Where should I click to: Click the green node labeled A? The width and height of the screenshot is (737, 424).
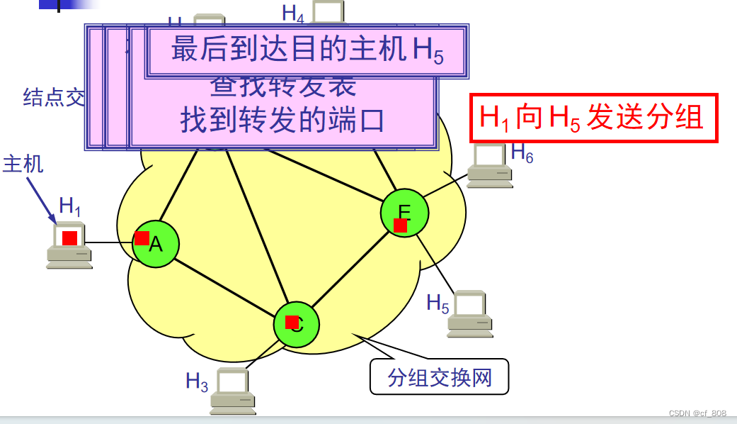[156, 244]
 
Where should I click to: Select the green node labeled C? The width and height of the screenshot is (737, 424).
[296, 324]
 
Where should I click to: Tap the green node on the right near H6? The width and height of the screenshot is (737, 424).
[404, 213]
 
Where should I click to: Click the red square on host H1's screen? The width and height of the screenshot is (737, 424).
[69, 238]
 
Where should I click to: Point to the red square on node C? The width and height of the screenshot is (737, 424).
[292, 322]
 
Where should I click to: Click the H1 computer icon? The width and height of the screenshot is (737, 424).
[69, 245]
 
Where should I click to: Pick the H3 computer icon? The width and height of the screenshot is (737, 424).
[233, 391]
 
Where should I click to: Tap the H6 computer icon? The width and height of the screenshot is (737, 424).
[490, 165]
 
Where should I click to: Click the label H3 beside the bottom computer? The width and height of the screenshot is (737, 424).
[197, 382]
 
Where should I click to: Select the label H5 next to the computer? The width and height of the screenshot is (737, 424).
[438, 303]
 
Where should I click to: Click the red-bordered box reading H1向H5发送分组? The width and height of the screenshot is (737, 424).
[594, 118]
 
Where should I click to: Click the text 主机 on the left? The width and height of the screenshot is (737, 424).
[23, 164]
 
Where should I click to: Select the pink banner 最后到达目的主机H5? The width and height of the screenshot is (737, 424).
[307, 52]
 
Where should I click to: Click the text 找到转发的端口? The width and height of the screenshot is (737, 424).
[282, 121]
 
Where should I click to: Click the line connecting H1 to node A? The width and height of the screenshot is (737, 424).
[112, 243]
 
